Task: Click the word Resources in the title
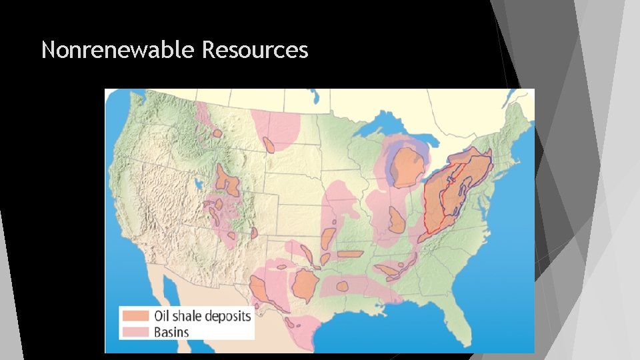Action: pyautogui.click(x=255, y=49)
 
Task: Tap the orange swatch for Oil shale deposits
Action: pyautogui.click(x=135, y=315)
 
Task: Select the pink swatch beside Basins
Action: pyautogui.click(x=135, y=331)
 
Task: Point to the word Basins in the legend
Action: pyautogui.click(x=171, y=331)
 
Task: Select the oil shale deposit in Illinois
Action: pyautogui.click(x=396, y=219)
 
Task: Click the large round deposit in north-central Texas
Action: pyautogui.click(x=306, y=285)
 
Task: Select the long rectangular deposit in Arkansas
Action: pyautogui.click(x=350, y=253)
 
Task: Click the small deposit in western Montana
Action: pyautogui.click(x=216, y=133)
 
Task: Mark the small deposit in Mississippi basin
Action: pyautogui.click(x=343, y=286)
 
